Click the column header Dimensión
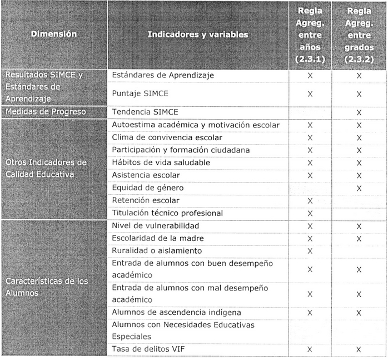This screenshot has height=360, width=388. coord(54,34)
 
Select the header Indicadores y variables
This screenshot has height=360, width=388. coord(198,34)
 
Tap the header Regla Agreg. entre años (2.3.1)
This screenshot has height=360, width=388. coord(310,34)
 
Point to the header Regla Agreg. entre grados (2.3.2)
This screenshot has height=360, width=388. coord(359,34)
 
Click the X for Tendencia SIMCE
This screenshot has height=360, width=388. coord(359,112)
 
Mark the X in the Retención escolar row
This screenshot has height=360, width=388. coord(310,201)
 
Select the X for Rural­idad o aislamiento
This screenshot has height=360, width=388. coord(310,251)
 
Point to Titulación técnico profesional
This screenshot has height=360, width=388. coord(167,213)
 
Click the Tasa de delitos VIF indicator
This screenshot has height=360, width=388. coord(147,349)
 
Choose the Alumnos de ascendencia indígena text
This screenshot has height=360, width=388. coord(176,313)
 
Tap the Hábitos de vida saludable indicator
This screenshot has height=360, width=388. coord(161,162)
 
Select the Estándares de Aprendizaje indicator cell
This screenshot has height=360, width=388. coord(163,75)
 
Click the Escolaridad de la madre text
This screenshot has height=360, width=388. coord(157,238)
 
